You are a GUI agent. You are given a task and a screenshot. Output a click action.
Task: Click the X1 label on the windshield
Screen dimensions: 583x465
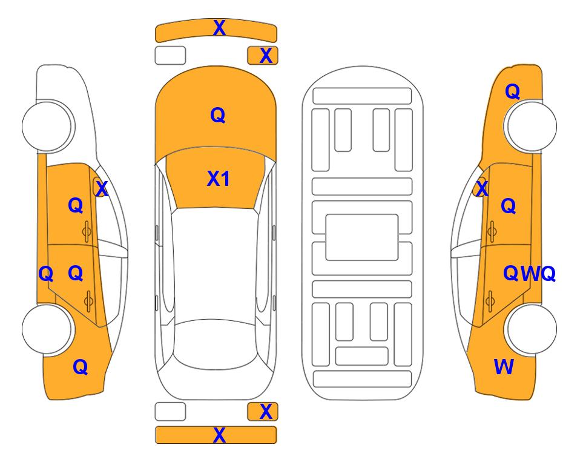coord(219,179)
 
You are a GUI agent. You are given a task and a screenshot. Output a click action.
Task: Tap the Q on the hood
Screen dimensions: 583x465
coord(218,115)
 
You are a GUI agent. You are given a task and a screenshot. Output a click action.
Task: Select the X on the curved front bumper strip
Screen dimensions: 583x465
coord(219,28)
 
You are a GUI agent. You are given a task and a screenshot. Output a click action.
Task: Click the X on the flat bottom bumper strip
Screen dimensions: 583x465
coord(219,435)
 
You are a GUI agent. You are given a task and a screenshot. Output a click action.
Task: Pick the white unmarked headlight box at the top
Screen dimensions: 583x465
coord(170,56)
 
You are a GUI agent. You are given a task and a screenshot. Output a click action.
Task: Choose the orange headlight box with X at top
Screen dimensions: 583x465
coord(263,56)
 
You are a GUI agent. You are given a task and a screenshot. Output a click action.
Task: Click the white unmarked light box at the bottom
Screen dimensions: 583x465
coord(170,412)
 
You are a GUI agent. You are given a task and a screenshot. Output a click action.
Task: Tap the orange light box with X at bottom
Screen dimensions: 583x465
coord(263,412)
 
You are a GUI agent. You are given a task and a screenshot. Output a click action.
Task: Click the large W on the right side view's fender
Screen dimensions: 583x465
coord(504,367)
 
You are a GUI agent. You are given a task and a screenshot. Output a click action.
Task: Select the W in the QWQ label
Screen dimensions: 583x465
coord(530,274)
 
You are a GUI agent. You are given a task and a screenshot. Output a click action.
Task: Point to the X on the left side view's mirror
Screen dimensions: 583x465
coord(102,188)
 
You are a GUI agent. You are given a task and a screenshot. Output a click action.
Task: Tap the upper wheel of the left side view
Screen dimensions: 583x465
coord(48,126)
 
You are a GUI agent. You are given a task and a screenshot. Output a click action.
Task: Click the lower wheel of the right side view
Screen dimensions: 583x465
coord(531,329)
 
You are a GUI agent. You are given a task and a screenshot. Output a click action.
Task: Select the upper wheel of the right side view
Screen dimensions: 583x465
coord(531,126)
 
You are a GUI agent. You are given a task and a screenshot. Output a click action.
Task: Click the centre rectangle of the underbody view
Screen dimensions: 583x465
coord(362,237)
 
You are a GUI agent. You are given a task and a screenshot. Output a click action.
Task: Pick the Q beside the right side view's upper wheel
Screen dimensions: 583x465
coord(512,91)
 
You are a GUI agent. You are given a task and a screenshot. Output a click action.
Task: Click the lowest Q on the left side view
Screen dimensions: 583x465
coord(81,367)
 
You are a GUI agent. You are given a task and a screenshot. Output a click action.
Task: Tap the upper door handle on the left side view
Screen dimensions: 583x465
coord(87,231)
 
